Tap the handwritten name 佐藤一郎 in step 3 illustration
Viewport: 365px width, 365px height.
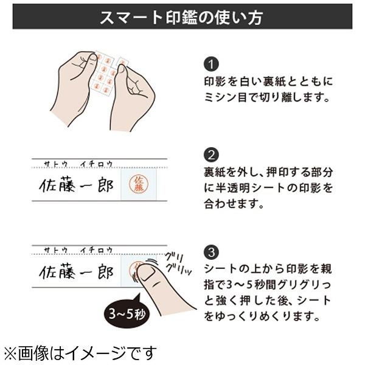point(76,273)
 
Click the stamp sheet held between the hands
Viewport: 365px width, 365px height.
point(105,73)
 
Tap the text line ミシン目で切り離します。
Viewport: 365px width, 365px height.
point(265,97)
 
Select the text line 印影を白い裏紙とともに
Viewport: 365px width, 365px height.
point(268,81)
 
